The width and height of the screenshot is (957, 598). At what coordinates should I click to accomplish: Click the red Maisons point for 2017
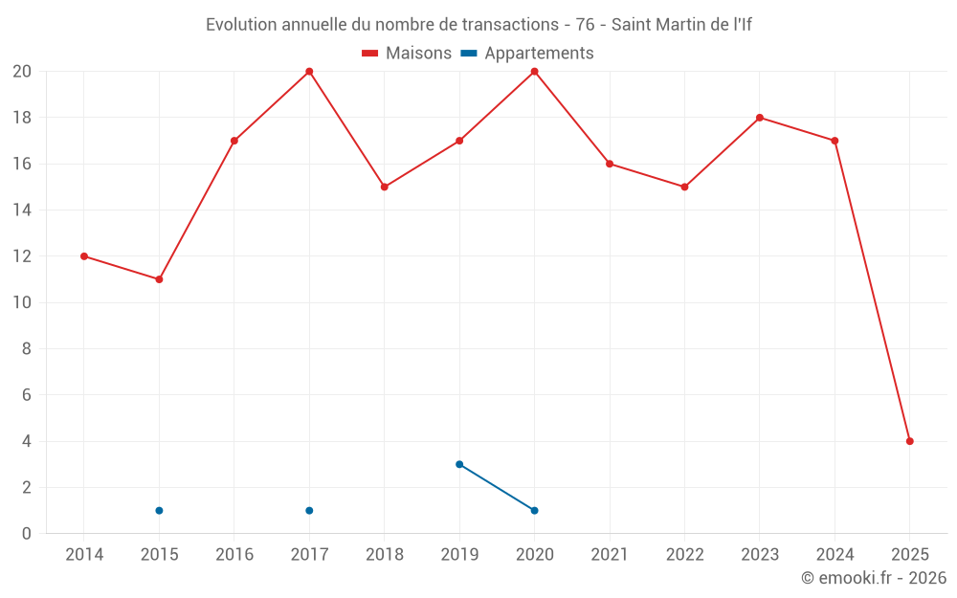tap(309, 72)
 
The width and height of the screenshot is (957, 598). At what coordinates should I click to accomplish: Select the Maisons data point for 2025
tap(909, 441)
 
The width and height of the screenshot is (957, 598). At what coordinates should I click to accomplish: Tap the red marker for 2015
tap(159, 279)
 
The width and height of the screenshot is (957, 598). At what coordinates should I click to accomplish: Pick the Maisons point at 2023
tap(759, 118)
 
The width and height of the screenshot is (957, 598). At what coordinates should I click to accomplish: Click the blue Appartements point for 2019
tap(459, 464)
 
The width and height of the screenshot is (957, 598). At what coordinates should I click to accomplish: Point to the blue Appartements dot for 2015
tap(159, 510)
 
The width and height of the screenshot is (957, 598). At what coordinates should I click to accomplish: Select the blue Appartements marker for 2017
tap(309, 510)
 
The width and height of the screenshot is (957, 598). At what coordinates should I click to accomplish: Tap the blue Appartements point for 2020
tap(534, 510)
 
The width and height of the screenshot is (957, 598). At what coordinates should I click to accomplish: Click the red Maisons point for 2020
tap(534, 72)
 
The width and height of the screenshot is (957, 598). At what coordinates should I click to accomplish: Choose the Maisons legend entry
tap(407, 54)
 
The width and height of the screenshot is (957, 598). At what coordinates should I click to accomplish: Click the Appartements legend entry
tap(528, 54)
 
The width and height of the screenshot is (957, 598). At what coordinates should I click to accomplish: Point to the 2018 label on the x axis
tap(384, 555)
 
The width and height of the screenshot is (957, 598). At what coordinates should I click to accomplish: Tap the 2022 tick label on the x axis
tap(684, 555)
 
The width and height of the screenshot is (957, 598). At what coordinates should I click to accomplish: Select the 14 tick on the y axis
tap(22, 210)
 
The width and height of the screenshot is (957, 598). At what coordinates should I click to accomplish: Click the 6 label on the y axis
tap(27, 395)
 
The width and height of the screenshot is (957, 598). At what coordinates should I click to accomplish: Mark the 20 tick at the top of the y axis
tap(22, 72)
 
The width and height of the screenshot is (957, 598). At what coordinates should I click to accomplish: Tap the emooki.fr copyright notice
tap(873, 578)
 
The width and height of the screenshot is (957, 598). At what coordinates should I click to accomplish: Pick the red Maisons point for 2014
tap(84, 256)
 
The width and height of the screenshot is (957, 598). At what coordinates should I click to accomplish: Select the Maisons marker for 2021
tap(609, 164)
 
